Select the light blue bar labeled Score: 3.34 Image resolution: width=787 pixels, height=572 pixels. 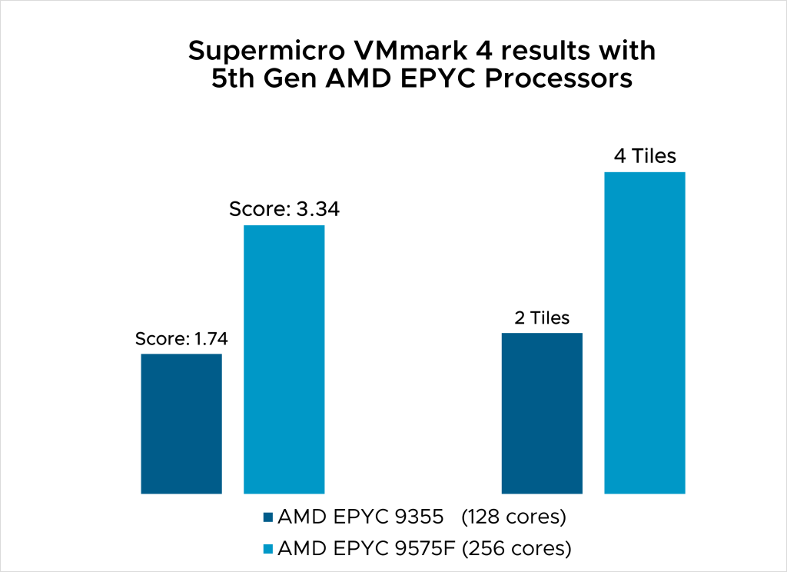[x=284, y=359]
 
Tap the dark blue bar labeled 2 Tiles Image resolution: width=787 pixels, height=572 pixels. [x=542, y=413]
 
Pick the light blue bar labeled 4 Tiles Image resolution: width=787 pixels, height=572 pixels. [x=644, y=332]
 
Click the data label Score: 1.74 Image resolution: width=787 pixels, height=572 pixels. [x=181, y=338]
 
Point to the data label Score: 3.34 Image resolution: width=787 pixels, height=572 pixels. [x=284, y=209]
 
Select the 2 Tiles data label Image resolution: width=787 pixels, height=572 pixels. [x=542, y=318]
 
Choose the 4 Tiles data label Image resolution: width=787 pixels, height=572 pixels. [x=644, y=157]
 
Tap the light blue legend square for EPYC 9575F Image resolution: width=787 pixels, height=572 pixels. [x=267, y=549]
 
